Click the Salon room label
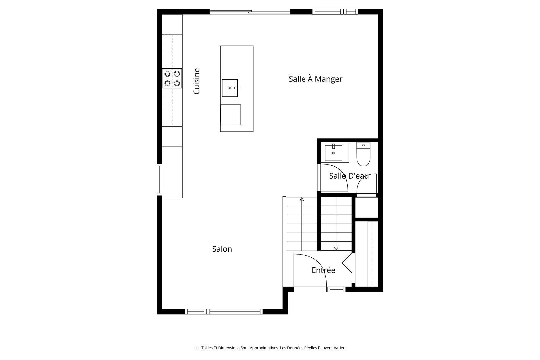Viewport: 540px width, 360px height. (222, 249)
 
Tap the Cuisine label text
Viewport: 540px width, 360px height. (197, 81)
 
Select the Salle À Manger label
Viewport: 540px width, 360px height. (315, 79)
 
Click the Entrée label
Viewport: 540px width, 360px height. (323, 270)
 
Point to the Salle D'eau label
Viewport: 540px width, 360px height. (349, 176)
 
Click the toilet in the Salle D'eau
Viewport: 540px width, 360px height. (363, 155)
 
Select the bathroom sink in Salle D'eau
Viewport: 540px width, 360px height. (334, 153)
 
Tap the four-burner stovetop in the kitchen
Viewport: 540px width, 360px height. (172, 78)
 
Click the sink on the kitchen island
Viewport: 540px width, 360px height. (230, 88)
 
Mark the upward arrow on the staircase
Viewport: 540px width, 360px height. (302, 199)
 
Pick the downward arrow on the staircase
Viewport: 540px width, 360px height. (336, 248)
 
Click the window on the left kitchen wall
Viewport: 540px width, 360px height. (159, 180)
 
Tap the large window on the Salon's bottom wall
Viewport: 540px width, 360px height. (224, 311)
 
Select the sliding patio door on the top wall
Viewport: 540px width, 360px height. (250, 12)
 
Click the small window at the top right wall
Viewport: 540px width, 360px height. (335, 12)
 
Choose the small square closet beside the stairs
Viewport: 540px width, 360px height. (366, 207)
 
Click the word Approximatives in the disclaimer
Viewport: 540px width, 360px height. (264, 348)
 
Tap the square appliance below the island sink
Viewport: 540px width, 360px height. (231, 115)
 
